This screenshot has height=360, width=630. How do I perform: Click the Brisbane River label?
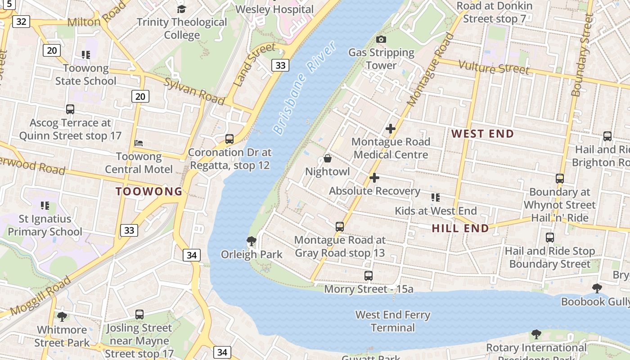(x=305, y=88)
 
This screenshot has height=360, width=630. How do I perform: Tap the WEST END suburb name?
(x=482, y=134)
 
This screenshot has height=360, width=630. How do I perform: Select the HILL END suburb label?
(x=460, y=228)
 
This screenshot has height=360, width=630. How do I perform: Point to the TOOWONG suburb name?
(x=149, y=191)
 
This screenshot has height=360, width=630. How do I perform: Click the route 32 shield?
(x=21, y=21)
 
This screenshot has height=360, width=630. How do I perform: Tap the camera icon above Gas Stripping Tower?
(x=381, y=40)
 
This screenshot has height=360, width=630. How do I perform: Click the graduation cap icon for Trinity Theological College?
(x=181, y=9)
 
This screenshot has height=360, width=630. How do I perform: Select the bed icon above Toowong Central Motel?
(x=139, y=143)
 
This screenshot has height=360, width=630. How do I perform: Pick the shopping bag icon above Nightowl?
(x=328, y=159)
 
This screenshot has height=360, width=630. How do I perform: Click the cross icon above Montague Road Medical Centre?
(x=390, y=129)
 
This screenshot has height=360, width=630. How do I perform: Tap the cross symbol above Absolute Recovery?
(x=374, y=178)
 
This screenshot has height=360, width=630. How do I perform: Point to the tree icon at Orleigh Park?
(x=252, y=241)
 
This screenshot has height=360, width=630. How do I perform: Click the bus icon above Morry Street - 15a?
(x=369, y=275)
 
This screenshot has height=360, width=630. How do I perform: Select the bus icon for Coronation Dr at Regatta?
(x=229, y=139)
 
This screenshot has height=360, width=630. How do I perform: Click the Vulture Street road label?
(x=493, y=68)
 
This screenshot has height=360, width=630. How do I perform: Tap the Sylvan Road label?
(x=194, y=90)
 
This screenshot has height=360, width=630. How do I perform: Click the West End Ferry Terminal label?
(x=393, y=321)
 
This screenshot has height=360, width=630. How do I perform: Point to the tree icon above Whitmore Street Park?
(x=62, y=317)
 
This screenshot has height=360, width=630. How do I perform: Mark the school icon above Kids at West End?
(x=435, y=197)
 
